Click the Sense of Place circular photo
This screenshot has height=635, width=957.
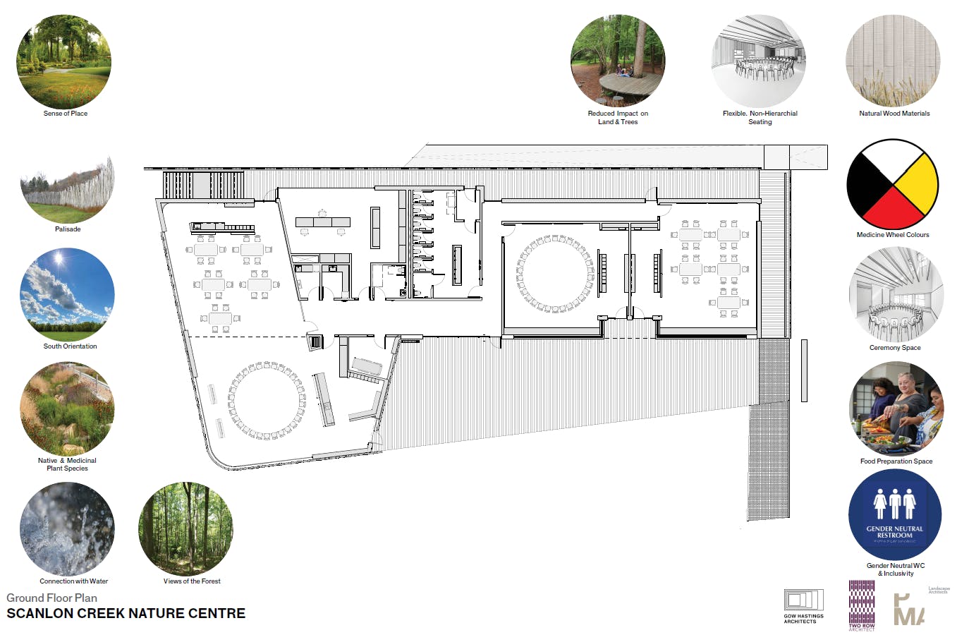(x=63, y=62)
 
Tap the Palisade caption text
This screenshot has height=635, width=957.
(x=68, y=229)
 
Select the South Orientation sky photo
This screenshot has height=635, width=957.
(x=67, y=295)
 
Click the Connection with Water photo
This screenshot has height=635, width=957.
(x=67, y=529)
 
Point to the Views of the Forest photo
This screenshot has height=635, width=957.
(x=185, y=529)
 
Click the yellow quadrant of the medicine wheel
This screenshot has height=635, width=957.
(x=916, y=182)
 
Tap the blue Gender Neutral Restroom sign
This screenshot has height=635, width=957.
(x=894, y=515)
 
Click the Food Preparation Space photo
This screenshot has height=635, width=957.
(x=895, y=409)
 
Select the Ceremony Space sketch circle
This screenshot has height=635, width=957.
(x=895, y=295)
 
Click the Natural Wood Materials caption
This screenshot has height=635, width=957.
(x=894, y=114)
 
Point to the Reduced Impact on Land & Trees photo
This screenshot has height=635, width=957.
(x=617, y=62)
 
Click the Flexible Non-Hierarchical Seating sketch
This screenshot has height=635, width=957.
(x=758, y=62)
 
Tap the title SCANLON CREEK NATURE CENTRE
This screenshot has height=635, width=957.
(x=126, y=614)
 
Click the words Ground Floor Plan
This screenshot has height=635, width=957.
(x=52, y=598)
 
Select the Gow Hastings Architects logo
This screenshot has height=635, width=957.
(x=803, y=606)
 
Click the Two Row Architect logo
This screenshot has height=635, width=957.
(x=862, y=605)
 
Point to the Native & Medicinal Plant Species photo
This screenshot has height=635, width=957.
(x=67, y=409)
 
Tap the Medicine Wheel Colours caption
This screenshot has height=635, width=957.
(x=893, y=235)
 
